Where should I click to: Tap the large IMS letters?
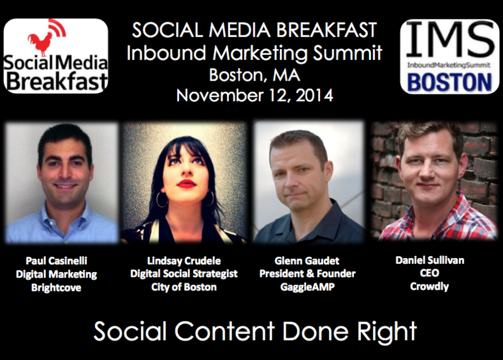[x=450, y=40]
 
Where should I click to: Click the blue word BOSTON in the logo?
[x=450, y=82]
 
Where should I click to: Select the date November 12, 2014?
[x=255, y=96]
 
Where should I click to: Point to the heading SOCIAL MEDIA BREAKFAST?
[x=255, y=30]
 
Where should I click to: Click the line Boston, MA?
[x=255, y=75]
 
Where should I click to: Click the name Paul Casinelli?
[x=57, y=261]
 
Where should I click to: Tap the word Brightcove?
[x=56, y=287]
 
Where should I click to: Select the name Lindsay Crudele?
[x=184, y=261]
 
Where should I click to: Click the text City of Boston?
[x=184, y=287]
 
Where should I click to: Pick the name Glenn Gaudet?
[x=307, y=261]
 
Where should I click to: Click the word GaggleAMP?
[x=307, y=286]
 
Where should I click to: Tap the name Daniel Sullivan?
[x=430, y=260]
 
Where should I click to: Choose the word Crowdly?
[x=429, y=286]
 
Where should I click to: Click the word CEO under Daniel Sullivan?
[x=429, y=273]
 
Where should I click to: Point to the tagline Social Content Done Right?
[x=255, y=332]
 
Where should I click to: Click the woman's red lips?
[x=186, y=184]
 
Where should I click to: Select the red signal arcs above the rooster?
[x=58, y=27]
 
